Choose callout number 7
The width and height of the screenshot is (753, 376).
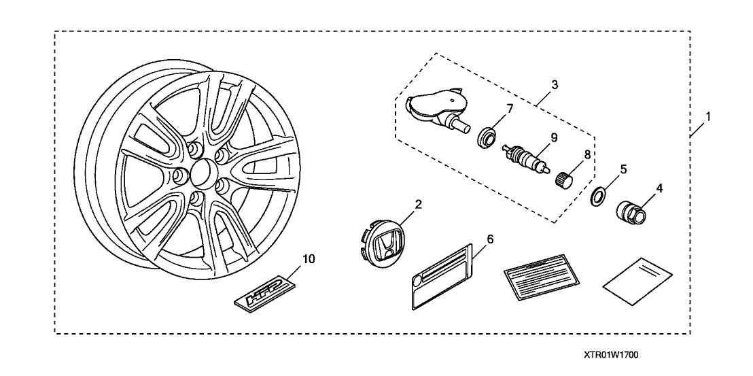point(509,108)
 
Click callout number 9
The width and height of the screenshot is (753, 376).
point(554,137)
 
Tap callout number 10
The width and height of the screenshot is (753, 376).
point(309,258)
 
